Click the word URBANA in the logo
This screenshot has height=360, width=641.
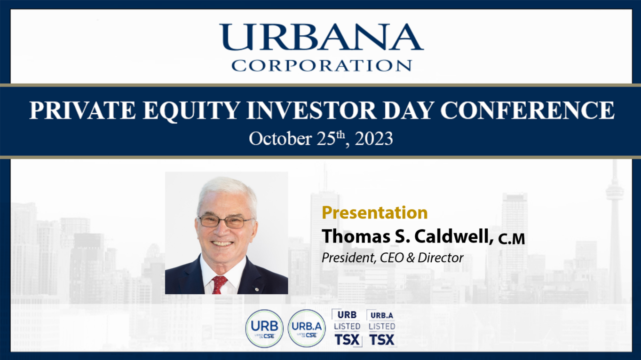[x=322, y=37]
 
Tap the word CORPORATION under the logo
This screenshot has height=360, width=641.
[x=322, y=65]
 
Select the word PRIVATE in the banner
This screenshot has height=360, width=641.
[x=82, y=110]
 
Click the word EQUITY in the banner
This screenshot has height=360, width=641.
[x=191, y=110]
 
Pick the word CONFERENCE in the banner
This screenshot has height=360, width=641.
[x=527, y=110]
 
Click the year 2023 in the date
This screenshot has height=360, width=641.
[x=374, y=139]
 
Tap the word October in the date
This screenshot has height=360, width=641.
[x=280, y=139]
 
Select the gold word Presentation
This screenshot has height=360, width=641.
[x=375, y=212]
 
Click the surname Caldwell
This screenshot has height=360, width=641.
[x=454, y=236]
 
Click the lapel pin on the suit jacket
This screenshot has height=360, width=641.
[x=257, y=290]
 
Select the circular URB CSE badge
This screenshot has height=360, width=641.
[x=264, y=329]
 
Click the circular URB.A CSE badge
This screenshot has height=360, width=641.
[x=307, y=329]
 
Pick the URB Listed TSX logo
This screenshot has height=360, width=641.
[x=347, y=328]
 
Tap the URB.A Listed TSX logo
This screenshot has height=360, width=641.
[x=382, y=328]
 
